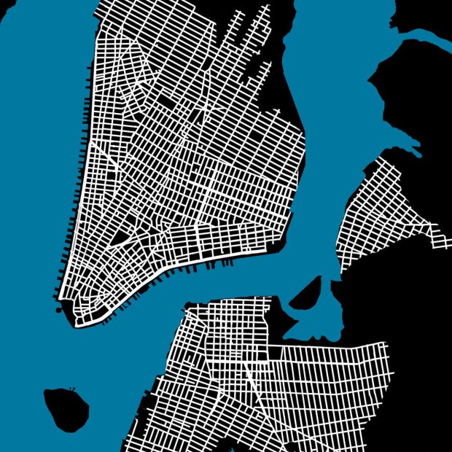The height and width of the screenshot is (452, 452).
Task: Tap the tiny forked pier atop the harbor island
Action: point(71,389)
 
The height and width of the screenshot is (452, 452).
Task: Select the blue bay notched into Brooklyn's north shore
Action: point(310,306)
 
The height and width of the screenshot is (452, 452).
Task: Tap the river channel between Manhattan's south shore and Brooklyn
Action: point(219,281)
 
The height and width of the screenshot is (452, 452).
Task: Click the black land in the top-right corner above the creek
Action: point(430,15)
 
